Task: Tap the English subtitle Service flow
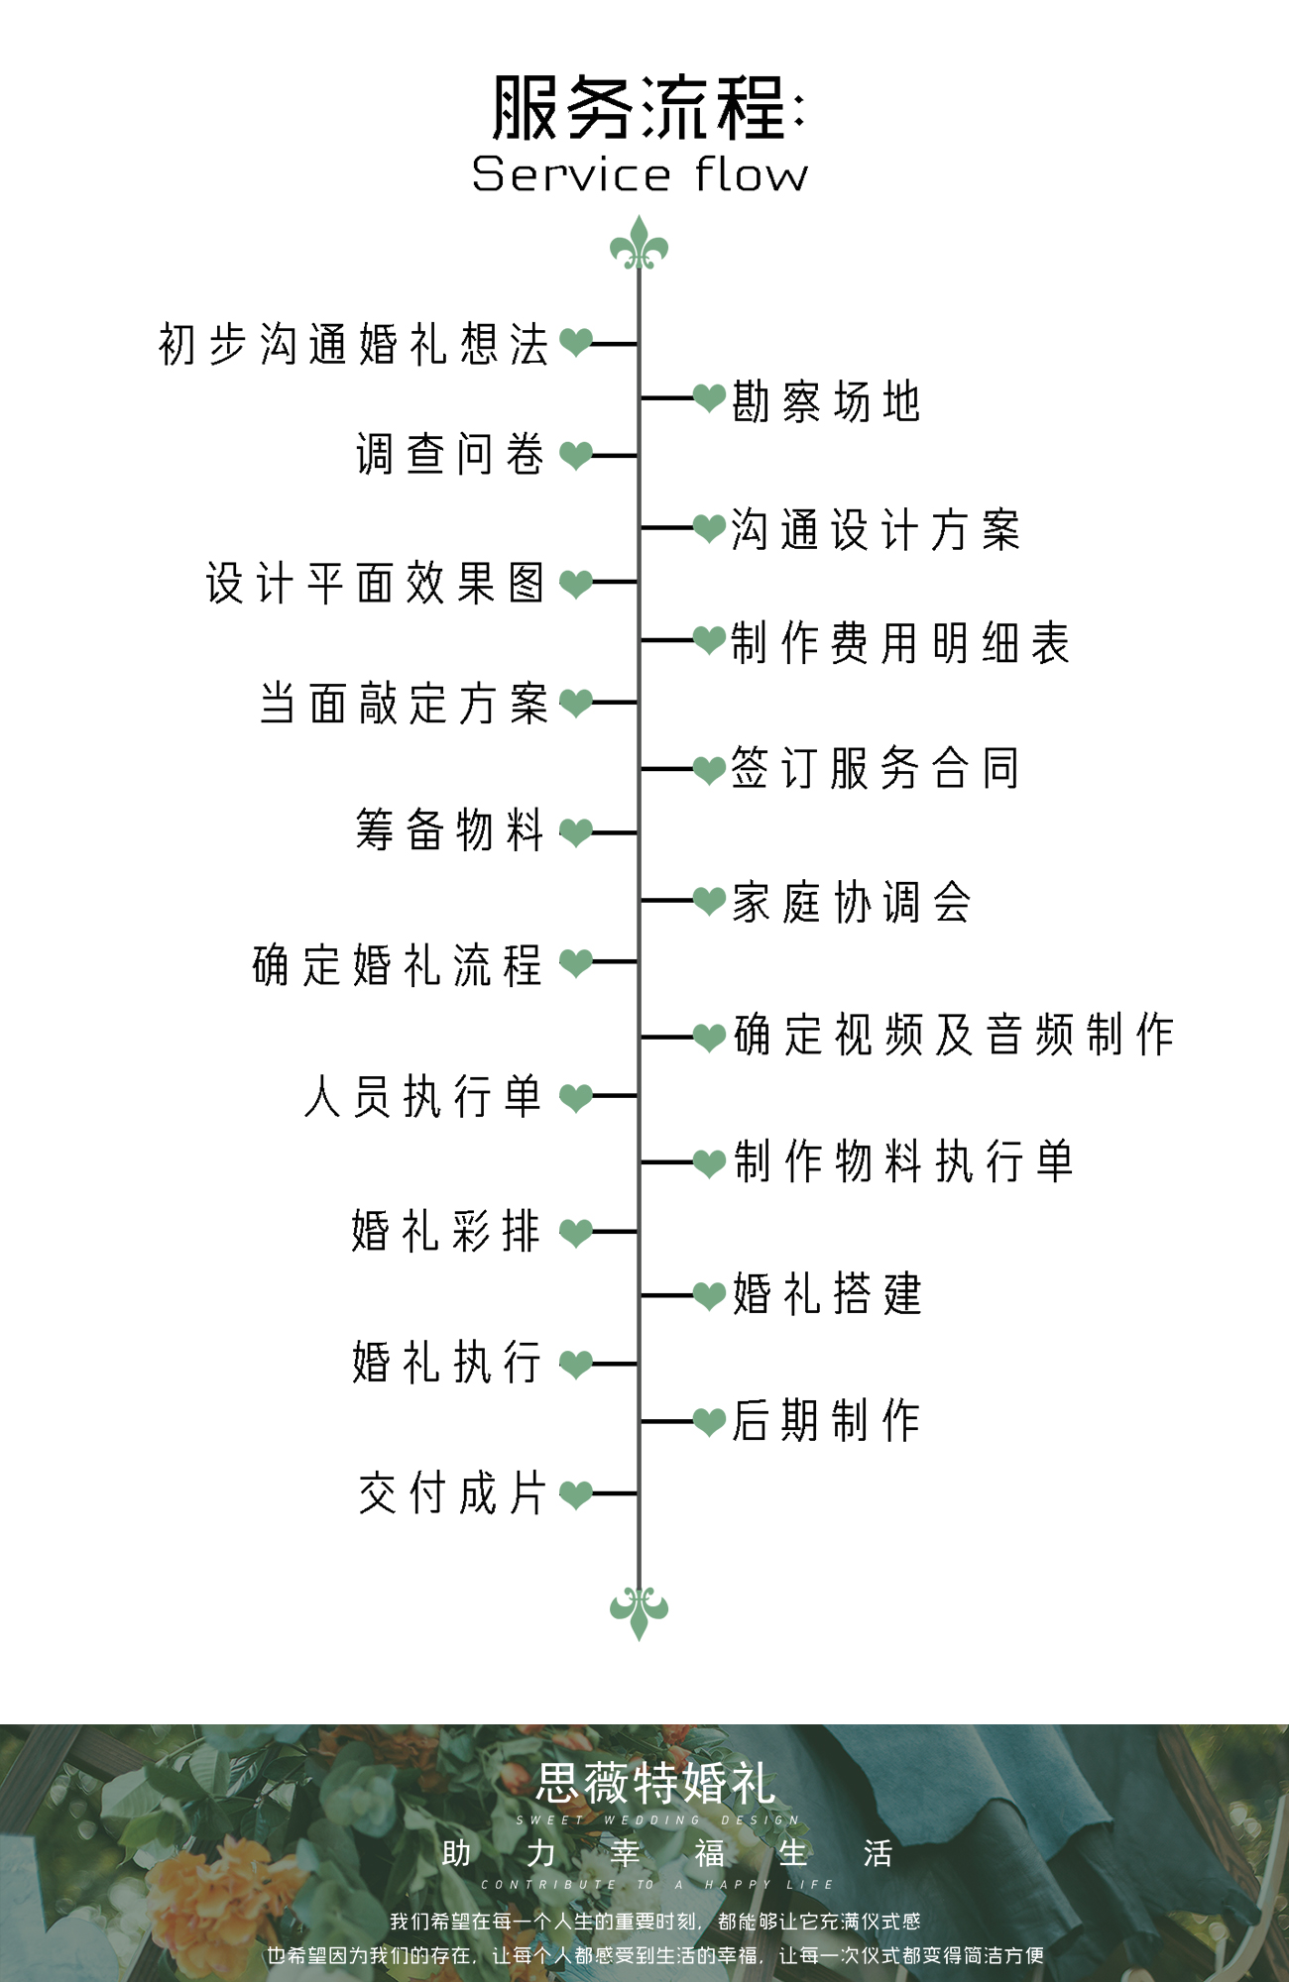point(641,174)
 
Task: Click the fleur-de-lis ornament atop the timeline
point(639,245)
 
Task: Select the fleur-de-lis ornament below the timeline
point(639,1610)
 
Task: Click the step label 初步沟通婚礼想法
point(354,344)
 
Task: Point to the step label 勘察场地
point(827,401)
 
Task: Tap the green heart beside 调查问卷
point(576,455)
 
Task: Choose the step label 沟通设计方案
point(876,529)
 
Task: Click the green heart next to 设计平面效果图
point(576,583)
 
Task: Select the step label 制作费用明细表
point(900,642)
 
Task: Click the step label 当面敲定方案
point(404,704)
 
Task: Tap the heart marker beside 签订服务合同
point(709,769)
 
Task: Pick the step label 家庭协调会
point(851,902)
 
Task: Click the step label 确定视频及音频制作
point(954,1035)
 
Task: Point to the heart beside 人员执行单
point(576,1097)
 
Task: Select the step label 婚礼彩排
point(446,1231)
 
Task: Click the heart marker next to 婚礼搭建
point(709,1295)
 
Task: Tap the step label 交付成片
point(452,1492)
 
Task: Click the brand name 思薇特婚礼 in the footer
point(655,1784)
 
